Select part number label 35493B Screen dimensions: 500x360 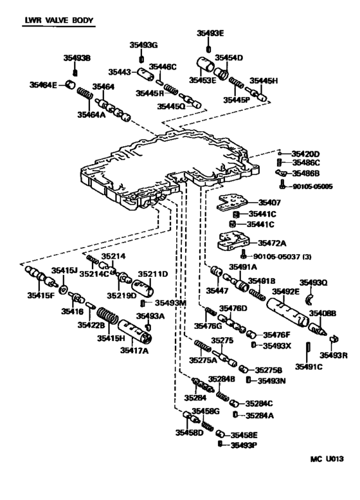[x=77, y=59]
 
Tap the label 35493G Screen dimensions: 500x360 [x=143, y=45]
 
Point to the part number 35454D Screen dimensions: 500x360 [x=229, y=58]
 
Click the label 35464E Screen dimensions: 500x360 [x=44, y=84]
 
